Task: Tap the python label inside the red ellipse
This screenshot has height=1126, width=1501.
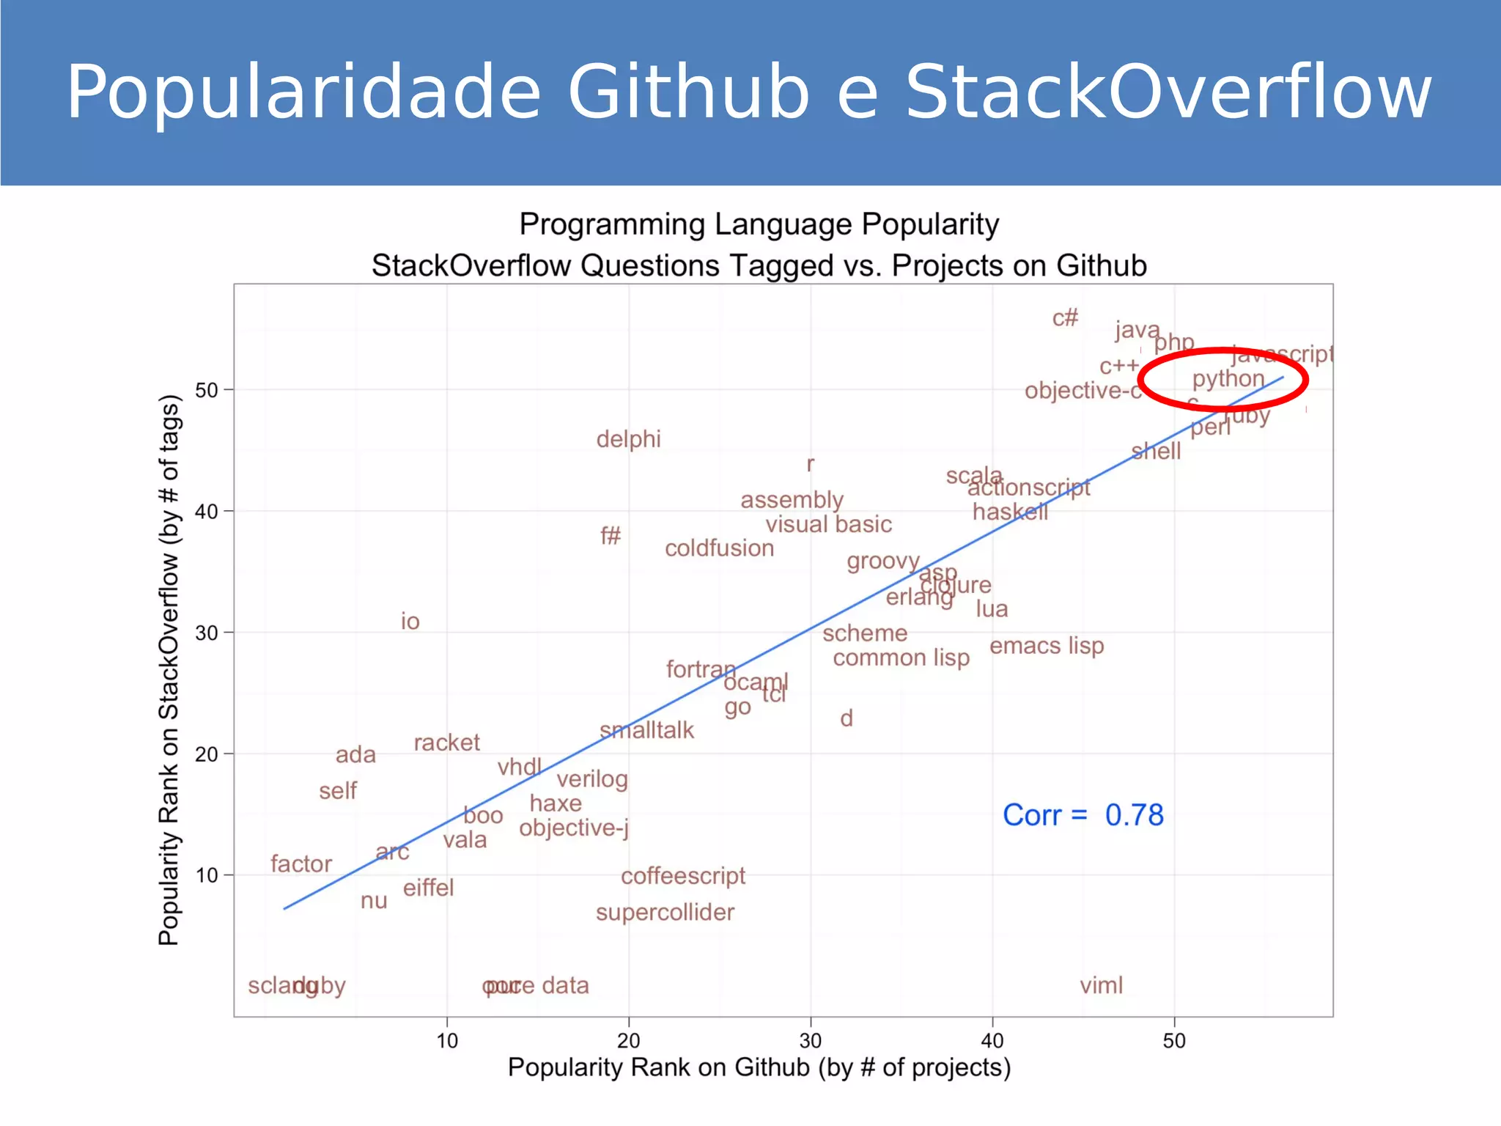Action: [x=1228, y=380]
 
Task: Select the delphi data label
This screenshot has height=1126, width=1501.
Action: [x=628, y=439]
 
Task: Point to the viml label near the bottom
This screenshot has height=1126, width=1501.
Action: [x=1101, y=985]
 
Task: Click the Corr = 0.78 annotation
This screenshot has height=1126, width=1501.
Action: [x=1083, y=815]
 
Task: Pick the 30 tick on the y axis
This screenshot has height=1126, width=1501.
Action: [x=207, y=633]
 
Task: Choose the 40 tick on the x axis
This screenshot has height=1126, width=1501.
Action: [x=992, y=1040]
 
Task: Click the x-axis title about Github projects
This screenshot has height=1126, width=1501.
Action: [x=759, y=1067]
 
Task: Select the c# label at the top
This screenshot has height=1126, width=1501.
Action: [x=1065, y=318]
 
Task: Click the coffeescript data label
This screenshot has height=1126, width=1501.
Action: [x=682, y=876]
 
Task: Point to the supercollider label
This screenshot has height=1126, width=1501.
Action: [x=665, y=913]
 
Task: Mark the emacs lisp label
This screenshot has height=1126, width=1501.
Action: [x=1047, y=646]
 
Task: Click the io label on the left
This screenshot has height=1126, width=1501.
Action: [x=410, y=622]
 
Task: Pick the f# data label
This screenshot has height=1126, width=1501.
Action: [x=611, y=536]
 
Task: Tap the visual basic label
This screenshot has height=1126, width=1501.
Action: [x=828, y=525]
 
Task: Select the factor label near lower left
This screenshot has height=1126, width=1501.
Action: [x=300, y=864]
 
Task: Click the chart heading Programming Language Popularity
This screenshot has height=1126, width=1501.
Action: [x=759, y=224]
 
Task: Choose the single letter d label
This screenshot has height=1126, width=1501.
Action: [x=847, y=718]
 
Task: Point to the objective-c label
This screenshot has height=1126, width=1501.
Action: [x=1083, y=391]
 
